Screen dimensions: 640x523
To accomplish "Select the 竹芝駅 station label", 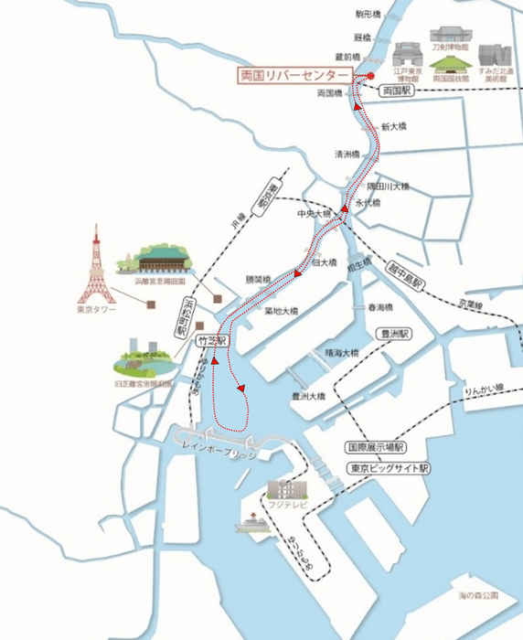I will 210,338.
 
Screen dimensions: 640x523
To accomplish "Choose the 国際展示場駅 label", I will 375,448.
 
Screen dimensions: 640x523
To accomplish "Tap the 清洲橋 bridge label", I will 347,155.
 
